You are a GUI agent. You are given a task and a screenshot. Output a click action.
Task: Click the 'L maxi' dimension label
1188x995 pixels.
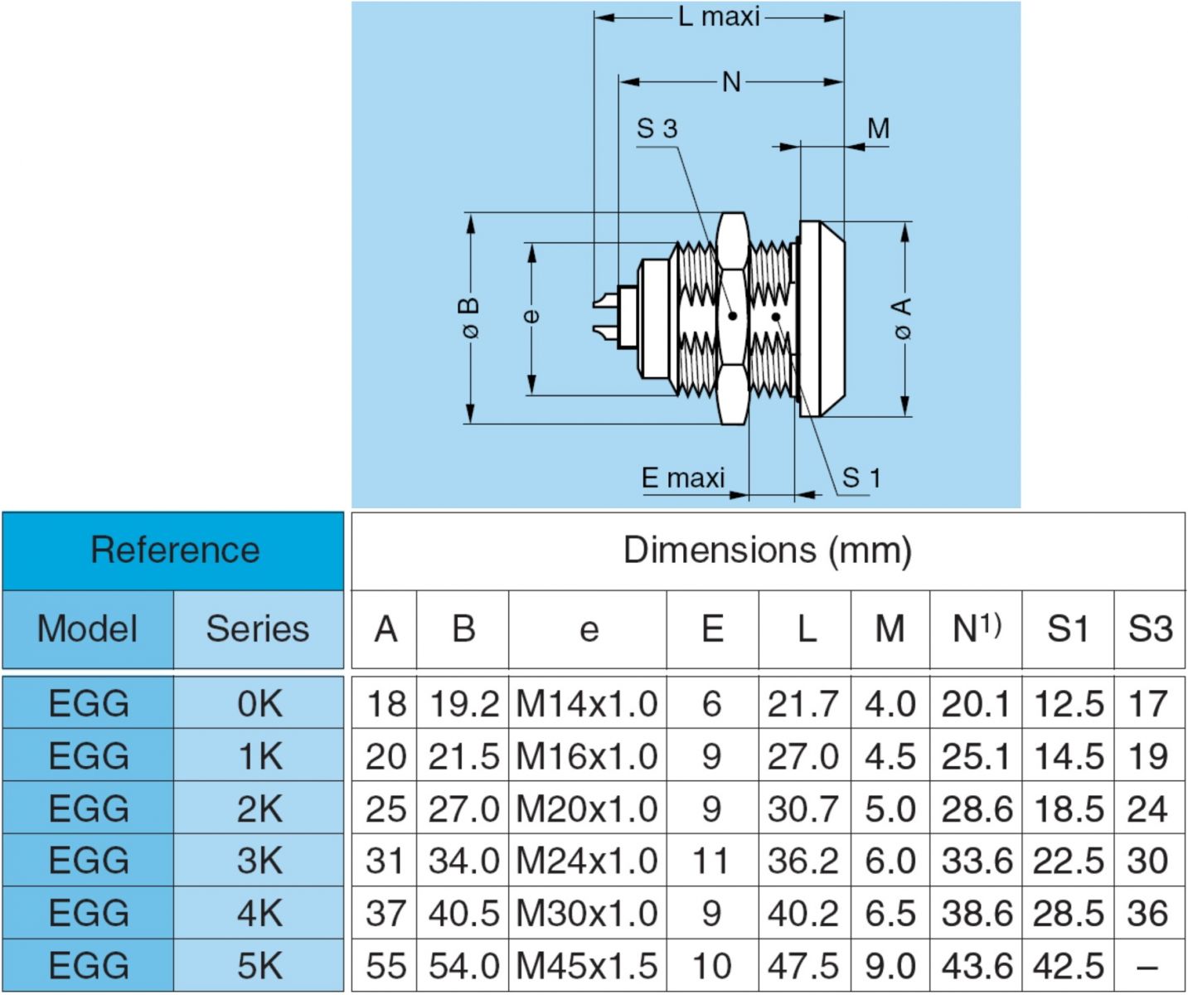(x=719, y=17)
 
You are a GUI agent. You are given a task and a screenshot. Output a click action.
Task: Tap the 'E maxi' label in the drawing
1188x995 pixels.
(x=683, y=478)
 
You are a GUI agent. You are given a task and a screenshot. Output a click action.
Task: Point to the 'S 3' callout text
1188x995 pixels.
(x=657, y=129)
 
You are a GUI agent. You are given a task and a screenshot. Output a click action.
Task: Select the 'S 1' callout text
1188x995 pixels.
(x=861, y=478)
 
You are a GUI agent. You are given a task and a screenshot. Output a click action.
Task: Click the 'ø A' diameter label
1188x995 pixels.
(x=903, y=318)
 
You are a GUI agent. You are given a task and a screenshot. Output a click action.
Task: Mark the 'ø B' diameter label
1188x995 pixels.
(x=470, y=318)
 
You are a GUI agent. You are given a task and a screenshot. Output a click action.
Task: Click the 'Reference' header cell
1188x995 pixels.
(x=174, y=551)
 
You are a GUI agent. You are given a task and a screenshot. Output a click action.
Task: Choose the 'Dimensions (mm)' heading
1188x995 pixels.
(x=767, y=551)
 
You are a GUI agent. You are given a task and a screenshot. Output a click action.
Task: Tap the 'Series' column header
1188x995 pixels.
(x=258, y=629)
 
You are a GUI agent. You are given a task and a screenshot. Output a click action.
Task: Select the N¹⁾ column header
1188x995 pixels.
(x=976, y=629)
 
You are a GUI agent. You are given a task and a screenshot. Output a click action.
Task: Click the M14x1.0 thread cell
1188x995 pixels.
(x=587, y=704)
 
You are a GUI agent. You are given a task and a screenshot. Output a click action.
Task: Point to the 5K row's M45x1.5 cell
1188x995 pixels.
(x=587, y=966)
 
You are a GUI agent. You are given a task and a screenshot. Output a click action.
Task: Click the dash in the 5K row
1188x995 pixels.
(x=1147, y=966)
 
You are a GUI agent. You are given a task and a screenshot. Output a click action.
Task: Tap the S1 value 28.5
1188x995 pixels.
(x=1068, y=913)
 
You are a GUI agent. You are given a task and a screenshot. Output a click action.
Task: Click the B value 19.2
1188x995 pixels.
(x=463, y=704)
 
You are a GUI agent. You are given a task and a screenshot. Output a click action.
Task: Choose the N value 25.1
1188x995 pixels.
(x=976, y=756)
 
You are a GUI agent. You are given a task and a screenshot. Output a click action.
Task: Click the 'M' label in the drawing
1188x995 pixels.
(x=878, y=129)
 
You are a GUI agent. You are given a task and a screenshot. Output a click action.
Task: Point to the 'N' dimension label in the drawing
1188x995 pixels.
(x=730, y=82)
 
